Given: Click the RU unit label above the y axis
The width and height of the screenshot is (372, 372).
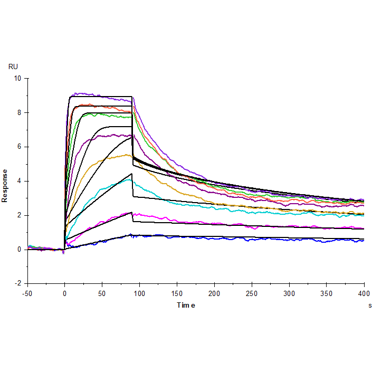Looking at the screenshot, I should point(13,66).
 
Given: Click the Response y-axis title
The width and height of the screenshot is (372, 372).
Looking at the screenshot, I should point(5,185).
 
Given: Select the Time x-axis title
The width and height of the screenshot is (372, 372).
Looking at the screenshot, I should point(186,305).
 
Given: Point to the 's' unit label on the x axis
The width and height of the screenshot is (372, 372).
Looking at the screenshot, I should point(369,305).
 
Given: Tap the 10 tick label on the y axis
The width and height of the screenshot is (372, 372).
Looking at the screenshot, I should point(18,78).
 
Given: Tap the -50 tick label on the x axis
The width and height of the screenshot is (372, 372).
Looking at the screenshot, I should point(27,293).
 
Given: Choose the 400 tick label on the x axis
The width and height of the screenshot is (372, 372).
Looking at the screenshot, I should point(364,293).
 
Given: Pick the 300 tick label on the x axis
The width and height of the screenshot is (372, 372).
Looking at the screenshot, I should point(289,293).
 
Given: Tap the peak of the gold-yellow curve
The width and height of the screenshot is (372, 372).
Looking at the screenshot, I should point(127,154).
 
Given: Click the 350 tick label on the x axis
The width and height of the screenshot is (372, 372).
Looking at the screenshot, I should point(327,293).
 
